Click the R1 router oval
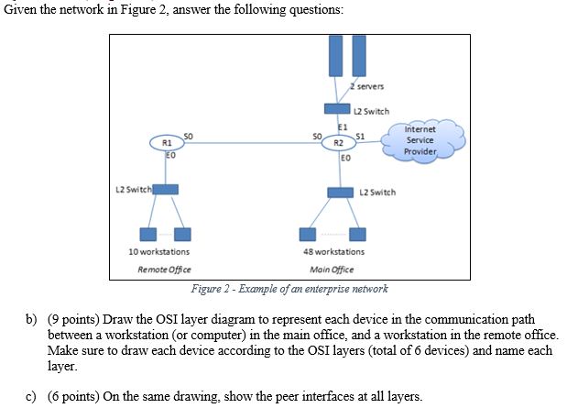pos(166,143)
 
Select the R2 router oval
pos(338,143)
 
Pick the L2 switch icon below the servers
pos(337,110)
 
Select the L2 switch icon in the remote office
pos(165,189)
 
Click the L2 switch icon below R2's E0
pos(341,192)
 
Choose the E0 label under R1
pos(170,157)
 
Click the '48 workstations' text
pos(333,251)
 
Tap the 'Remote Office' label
pos(158,270)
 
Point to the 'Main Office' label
pos(332,270)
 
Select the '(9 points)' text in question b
pos(73,318)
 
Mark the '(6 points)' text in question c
pos(73,395)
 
